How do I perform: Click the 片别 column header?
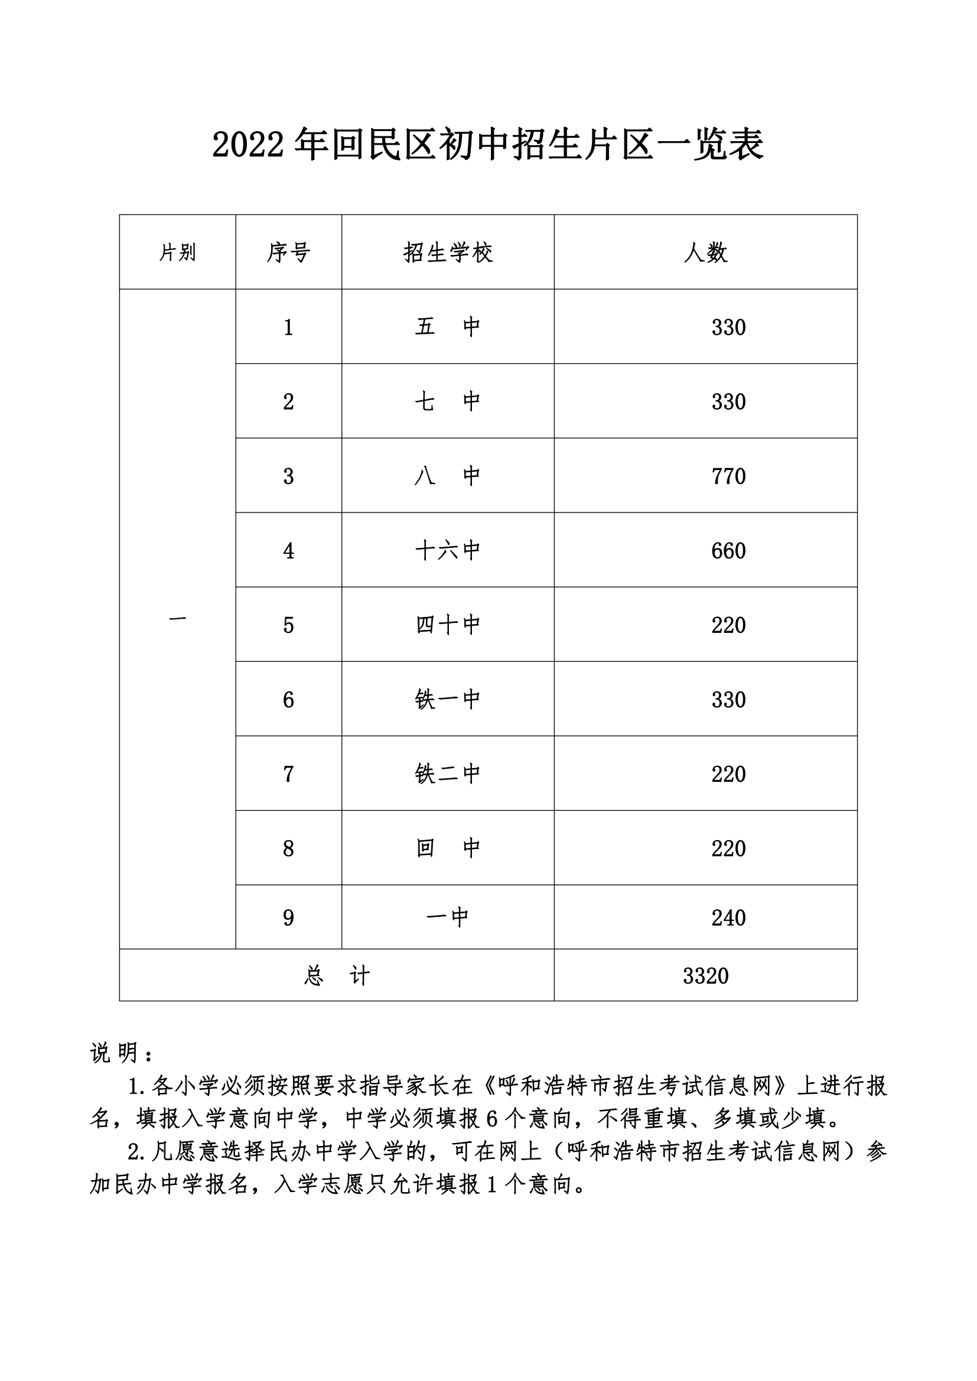tap(177, 253)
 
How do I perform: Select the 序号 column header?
tap(288, 253)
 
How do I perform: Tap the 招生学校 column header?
tap(448, 253)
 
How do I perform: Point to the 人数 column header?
tap(705, 253)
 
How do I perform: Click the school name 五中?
tap(448, 327)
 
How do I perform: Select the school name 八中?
tap(448, 476)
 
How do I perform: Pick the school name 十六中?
tap(448, 551)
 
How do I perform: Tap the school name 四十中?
tap(448, 625)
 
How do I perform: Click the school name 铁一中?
tap(448, 700)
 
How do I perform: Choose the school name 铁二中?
tap(448, 774)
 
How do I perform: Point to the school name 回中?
tap(448, 848)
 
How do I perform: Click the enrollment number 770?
tap(728, 476)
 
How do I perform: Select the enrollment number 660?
tap(728, 551)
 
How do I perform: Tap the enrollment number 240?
tap(728, 918)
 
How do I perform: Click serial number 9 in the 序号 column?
tap(288, 918)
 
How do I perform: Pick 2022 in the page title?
tap(248, 146)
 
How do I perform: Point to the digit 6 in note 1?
tap(491, 1119)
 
